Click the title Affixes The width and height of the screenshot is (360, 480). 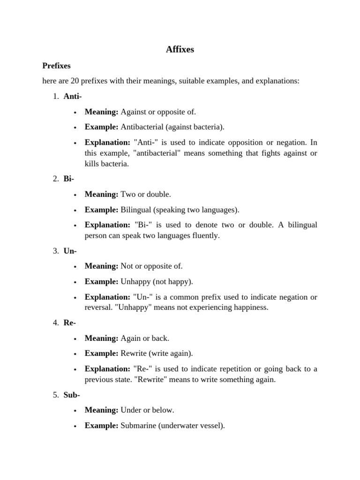pos(180,49)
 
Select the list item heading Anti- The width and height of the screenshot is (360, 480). pos(73,97)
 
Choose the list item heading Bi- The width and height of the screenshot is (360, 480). pos(68,179)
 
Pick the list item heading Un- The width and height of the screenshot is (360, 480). pos(70,251)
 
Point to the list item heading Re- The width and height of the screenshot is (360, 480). pos(69,323)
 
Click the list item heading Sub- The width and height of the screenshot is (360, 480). pos(72,395)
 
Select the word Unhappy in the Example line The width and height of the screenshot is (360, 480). pos(135,282)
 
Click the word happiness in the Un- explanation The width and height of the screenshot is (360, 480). pos(250,307)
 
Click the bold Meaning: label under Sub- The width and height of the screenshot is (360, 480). pos(101,410)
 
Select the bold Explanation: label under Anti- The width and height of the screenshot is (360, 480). pos(107,142)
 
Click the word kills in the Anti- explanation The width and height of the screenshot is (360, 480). pos(93,164)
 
